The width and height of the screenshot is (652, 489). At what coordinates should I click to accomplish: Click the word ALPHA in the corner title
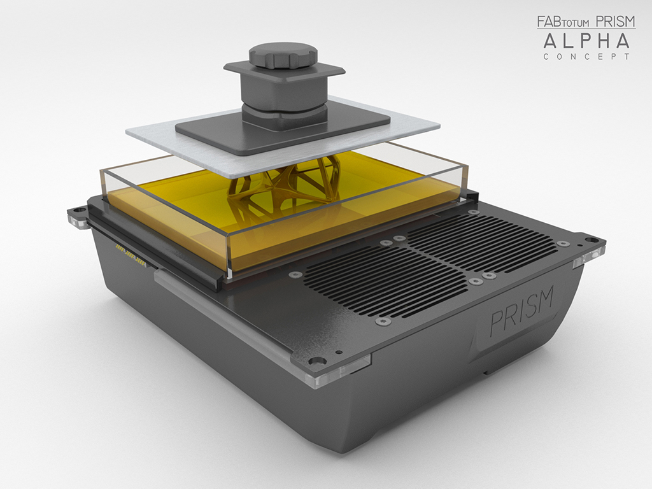pos(586,41)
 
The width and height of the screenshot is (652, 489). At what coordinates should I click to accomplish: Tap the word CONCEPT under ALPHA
pos(586,57)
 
